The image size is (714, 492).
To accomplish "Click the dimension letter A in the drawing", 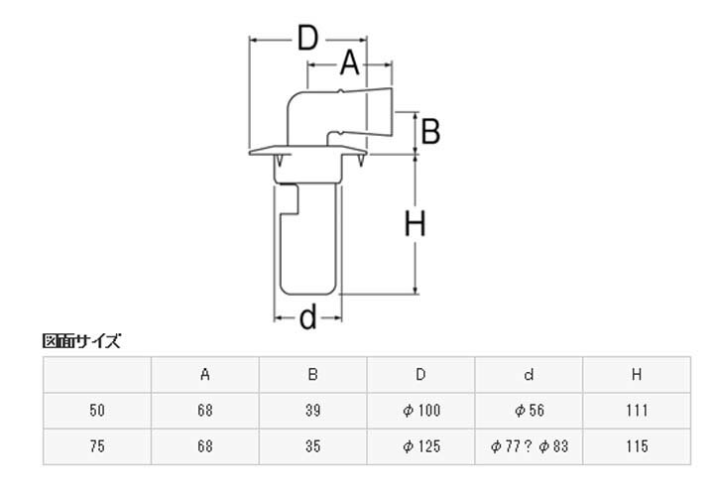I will point(348,64).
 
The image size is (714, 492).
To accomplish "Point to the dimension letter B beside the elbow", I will point(430,130).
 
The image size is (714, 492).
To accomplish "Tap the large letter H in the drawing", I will point(416,225).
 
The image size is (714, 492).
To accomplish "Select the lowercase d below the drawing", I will point(308,316).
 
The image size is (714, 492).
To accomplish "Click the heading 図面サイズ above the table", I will point(81,342).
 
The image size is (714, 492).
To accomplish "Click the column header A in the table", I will point(205,374).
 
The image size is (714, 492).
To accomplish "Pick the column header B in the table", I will point(313,374).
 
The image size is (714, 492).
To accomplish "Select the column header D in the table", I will point(421,374).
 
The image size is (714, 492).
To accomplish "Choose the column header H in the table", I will point(637,374).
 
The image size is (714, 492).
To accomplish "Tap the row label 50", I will point(97,410).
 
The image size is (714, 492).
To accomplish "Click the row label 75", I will point(97,446).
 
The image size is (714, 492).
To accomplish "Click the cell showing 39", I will point(313,410).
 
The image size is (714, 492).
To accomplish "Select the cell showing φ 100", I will point(421,410).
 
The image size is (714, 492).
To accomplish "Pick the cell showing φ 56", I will point(529,410).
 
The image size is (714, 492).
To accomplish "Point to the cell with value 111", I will point(637,410).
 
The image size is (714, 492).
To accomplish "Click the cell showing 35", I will point(313,446).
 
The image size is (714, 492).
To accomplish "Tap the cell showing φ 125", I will point(421,446).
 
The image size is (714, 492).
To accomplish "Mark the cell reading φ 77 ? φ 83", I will point(529,446).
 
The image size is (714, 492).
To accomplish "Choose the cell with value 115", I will point(637,446).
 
